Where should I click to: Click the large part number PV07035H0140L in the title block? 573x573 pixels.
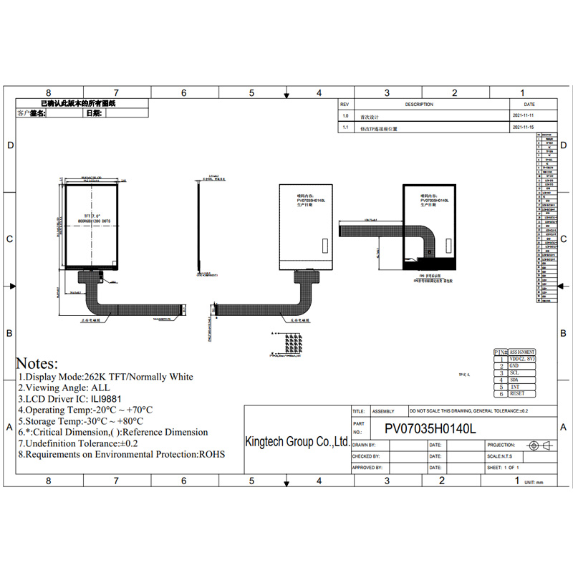430,428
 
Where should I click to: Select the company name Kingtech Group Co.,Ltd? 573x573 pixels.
297,442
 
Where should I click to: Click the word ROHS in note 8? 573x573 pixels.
212,454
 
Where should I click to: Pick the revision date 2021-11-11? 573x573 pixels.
524,116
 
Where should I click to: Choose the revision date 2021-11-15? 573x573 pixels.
524,128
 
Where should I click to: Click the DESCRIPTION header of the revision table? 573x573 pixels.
419,105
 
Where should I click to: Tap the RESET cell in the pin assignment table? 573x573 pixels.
516,393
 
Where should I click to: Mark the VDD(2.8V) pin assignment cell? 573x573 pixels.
521,359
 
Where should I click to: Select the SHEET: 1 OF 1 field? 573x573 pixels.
504,468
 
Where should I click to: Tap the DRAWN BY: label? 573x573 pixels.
366,445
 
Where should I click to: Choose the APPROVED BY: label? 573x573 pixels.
367,468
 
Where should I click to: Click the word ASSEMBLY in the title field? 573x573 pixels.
384,412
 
